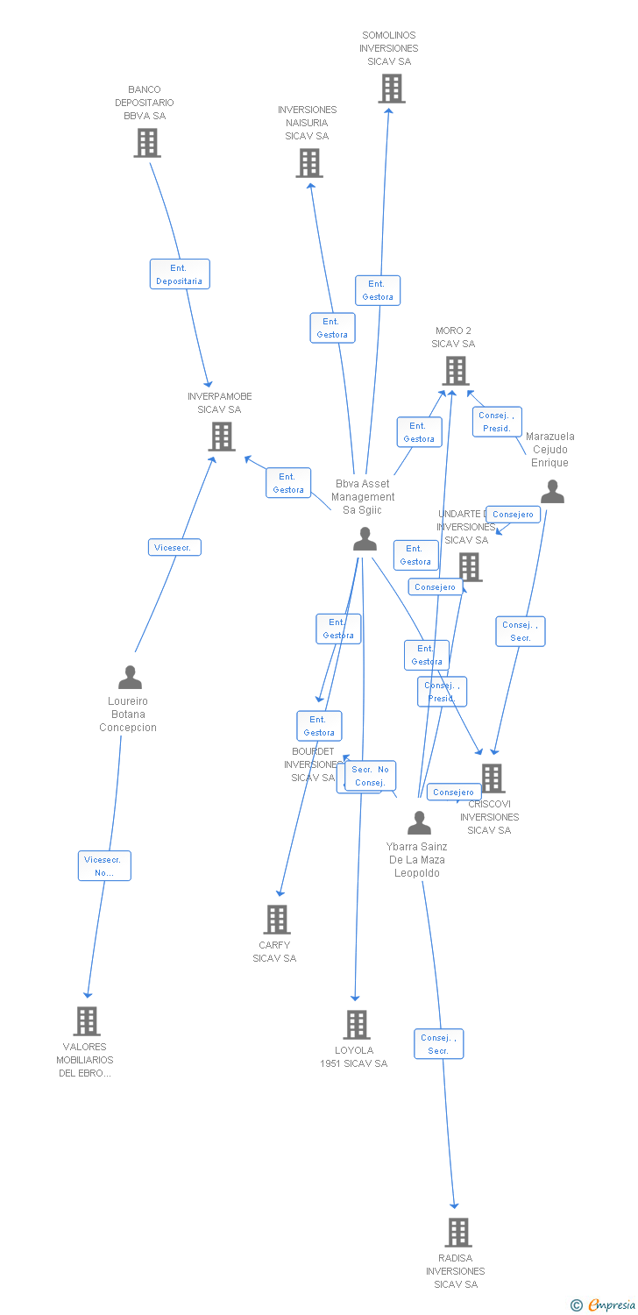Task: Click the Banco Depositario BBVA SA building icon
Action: click(x=147, y=143)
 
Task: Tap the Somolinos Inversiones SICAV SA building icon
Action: click(x=391, y=89)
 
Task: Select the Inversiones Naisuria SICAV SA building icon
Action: click(x=308, y=163)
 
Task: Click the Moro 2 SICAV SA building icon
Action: click(x=455, y=371)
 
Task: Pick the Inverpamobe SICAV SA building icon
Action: click(x=222, y=437)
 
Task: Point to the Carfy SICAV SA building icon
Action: click(x=277, y=920)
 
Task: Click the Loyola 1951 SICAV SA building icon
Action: click(x=356, y=1024)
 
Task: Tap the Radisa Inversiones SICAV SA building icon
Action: click(x=457, y=1232)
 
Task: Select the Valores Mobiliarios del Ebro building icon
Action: click(x=86, y=1020)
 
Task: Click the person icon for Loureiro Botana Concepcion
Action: click(x=130, y=678)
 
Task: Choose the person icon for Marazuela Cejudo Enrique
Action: click(x=552, y=492)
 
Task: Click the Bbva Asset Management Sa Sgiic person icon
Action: click(x=365, y=539)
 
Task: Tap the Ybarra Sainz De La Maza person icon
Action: click(x=420, y=823)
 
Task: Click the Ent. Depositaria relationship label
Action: click(x=179, y=274)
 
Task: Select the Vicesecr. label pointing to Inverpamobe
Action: click(x=174, y=547)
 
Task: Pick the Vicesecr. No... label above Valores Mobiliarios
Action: click(x=104, y=865)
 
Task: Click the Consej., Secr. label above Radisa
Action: click(x=438, y=1043)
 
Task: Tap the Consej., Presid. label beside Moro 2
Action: click(x=497, y=422)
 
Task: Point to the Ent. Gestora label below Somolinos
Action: click(x=378, y=290)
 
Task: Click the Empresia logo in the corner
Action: click(x=604, y=1305)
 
